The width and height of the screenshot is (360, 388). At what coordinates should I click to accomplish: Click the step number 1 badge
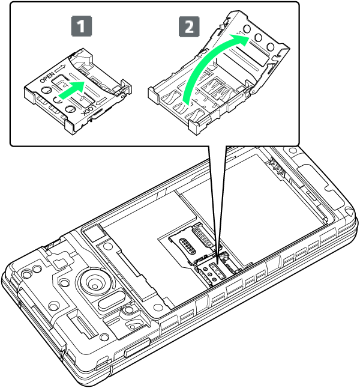82,26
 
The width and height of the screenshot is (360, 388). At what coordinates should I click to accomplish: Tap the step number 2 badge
189,26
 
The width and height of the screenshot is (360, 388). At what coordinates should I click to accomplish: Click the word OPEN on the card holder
46,77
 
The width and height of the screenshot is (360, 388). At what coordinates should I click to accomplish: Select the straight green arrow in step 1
72,89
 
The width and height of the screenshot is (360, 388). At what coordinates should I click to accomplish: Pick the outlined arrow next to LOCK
101,101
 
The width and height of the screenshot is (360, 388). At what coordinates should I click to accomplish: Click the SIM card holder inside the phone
212,273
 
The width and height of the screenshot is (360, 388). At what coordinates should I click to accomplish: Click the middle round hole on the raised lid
259,38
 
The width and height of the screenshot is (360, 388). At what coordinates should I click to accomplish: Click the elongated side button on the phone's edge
137,347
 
